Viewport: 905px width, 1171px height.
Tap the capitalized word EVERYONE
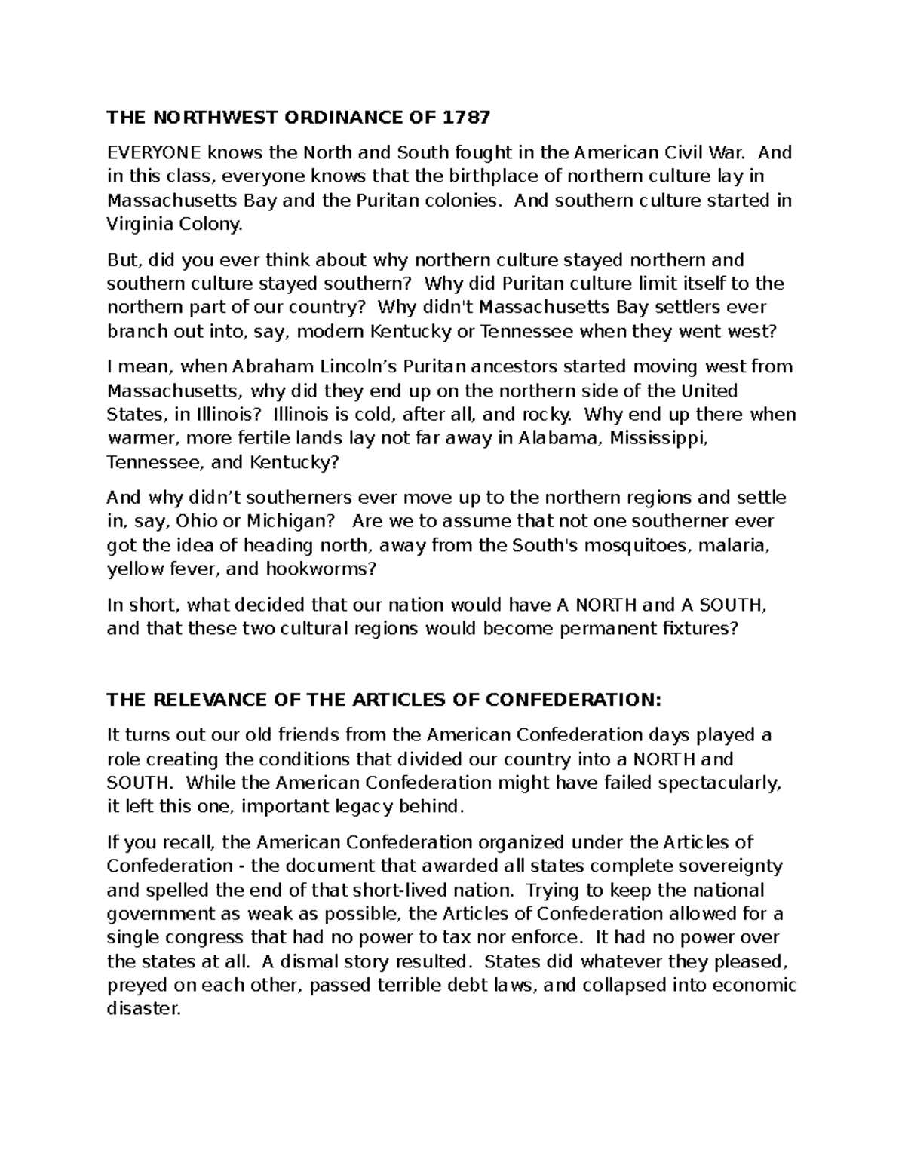pos(154,153)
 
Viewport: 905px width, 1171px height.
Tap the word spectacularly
pos(716,783)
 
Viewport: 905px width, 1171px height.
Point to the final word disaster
pos(144,1009)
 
